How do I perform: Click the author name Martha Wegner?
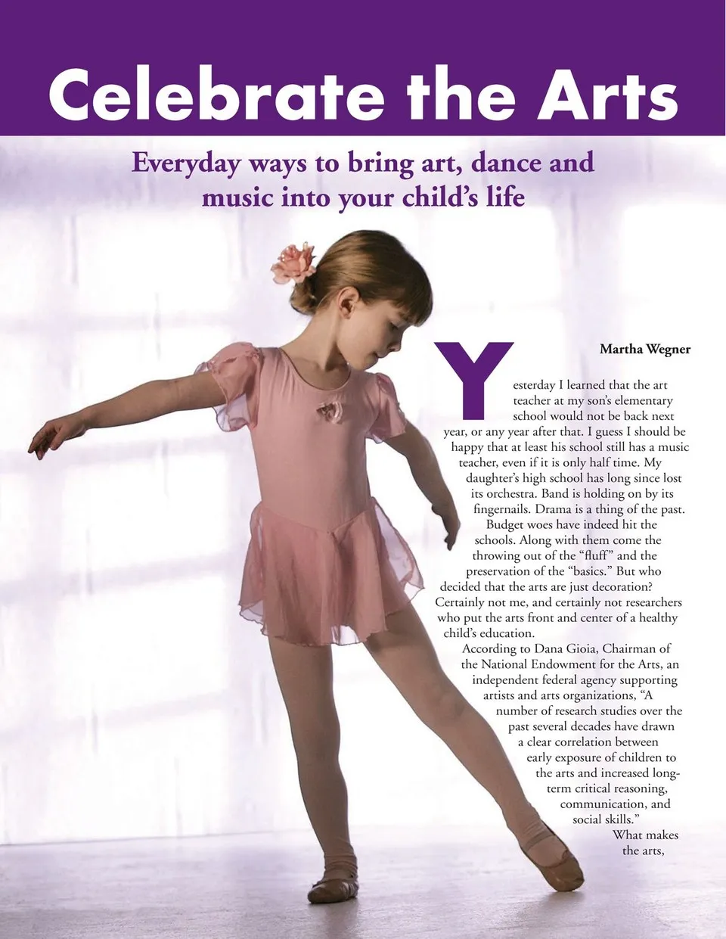644,349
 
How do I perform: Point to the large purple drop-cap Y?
474,378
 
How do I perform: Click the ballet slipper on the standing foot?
334,887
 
